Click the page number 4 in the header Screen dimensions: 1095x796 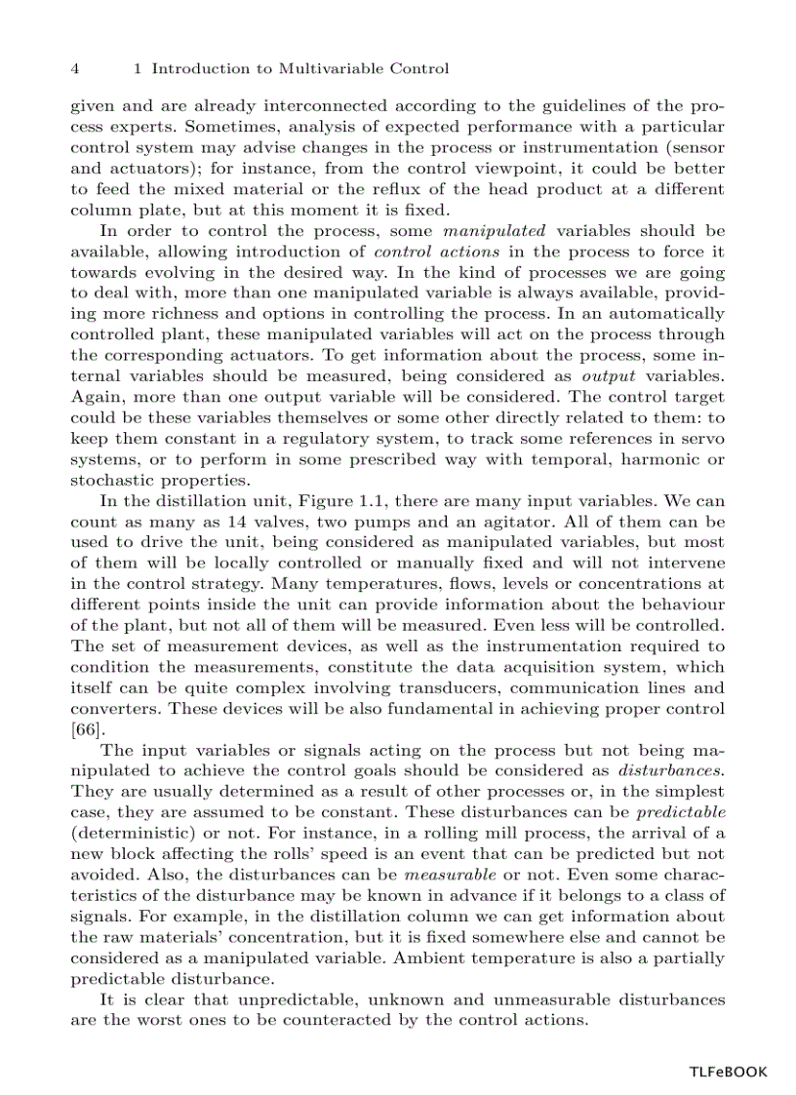75,69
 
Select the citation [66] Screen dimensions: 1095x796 88,728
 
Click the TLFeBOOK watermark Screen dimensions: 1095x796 728,1072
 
